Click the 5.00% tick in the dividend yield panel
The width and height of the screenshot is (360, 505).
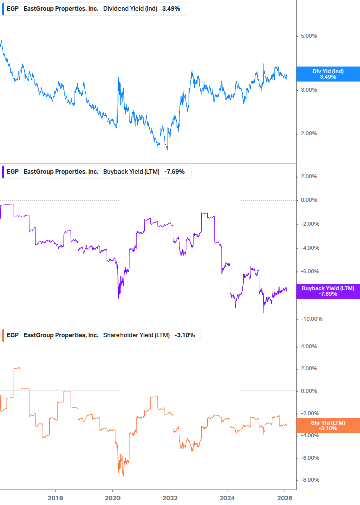point(309,36)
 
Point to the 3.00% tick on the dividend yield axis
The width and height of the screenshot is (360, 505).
point(309,90)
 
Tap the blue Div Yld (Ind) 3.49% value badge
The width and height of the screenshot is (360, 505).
point(328,74)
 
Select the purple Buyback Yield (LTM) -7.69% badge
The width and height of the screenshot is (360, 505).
point(328,291)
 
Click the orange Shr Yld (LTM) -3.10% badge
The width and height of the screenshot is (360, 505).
point(328,426)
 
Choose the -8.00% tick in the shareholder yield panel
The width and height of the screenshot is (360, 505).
point(309,480)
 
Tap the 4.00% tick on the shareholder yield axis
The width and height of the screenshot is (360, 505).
point(309,346)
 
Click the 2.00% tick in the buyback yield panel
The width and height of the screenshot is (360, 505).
point(309,176)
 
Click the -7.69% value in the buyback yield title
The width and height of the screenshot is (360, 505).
point(174,172)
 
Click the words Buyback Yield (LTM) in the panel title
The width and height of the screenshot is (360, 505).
point(131,172)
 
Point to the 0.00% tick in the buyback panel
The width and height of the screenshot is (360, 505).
point(309,200)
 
